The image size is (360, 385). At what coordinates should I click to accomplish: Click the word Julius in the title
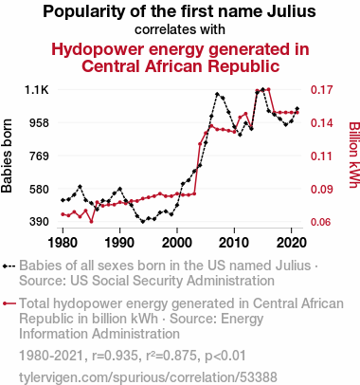pos(292,11)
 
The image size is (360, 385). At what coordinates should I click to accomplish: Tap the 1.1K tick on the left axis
pos(37,90)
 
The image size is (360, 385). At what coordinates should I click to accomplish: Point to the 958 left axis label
pos(39,123)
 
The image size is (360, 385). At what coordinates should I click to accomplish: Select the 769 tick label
pos(39,156)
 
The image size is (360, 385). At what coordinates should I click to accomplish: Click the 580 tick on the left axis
pos(39,189)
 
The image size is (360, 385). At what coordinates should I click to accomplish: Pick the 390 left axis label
pos(39,222)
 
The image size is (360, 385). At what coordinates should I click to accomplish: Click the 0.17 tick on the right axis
pos(322,90)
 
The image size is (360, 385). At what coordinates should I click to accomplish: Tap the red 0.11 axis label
pos(322,156)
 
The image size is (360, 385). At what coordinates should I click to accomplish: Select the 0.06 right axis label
pos(322,222)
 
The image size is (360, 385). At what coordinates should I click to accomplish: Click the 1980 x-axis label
pos(63,243)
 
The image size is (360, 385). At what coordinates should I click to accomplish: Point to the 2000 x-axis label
pos(177,243)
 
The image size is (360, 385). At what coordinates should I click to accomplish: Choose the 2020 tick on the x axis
pos(291,243)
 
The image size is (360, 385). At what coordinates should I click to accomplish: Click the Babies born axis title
pos(7,156)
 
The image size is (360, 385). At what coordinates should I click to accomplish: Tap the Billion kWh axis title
pos(354,155)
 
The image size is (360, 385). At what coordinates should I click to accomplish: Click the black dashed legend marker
pos(9,266)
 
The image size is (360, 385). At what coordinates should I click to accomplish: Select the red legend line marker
pos(9,303)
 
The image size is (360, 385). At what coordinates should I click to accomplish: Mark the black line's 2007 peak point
pos(217,94)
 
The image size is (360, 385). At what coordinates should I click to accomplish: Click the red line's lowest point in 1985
pos(91,222)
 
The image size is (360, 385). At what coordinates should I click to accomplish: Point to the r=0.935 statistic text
pos(115,356)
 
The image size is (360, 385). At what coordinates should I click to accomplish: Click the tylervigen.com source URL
pos(148,377)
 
